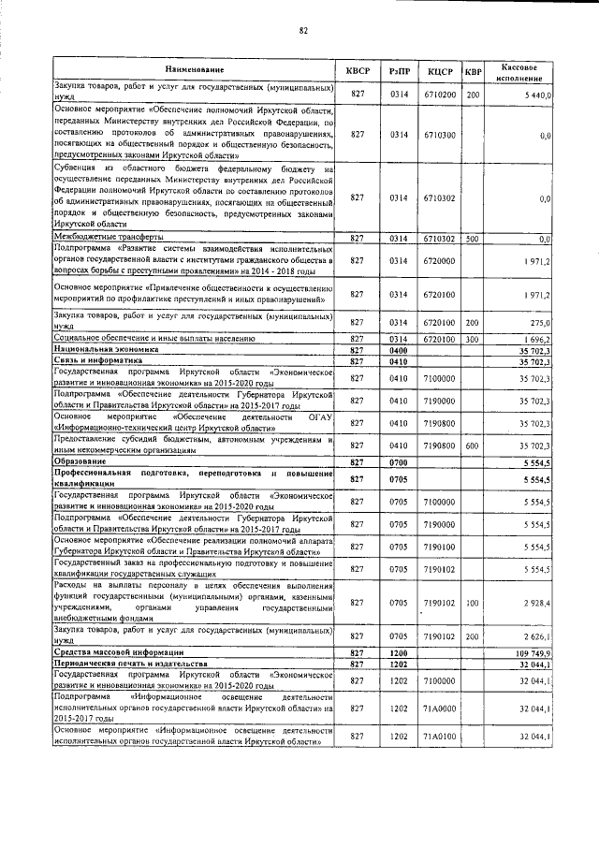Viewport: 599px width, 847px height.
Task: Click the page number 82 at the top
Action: (303, 30)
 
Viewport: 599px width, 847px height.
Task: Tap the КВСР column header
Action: (358, 71)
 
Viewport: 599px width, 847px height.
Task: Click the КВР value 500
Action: (473, 239)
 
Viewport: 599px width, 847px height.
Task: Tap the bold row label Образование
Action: (79, 462)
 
